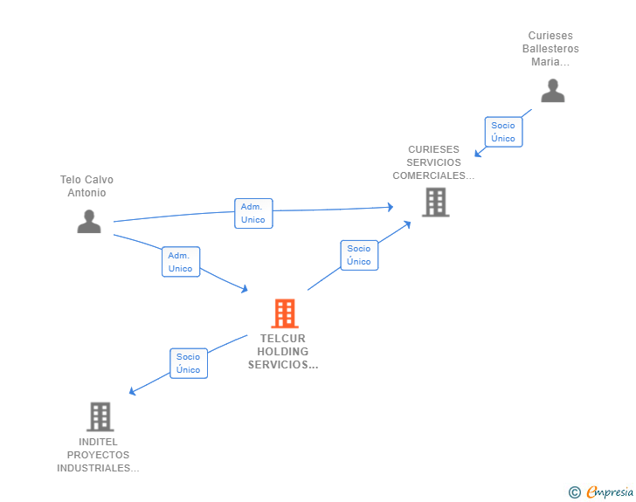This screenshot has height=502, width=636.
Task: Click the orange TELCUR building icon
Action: point(284,313)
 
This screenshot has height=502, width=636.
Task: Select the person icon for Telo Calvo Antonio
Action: point(89,222)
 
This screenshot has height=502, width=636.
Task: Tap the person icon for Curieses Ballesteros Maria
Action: point(552,91)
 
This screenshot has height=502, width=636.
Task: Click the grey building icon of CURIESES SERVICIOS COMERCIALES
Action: point(435,203)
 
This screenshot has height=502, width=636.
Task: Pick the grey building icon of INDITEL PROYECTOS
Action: point(100,416)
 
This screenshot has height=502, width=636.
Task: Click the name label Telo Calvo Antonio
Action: point(86,186)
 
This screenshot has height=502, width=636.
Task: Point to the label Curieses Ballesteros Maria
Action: point(550,49)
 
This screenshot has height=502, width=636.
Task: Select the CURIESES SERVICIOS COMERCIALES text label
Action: point(433,162)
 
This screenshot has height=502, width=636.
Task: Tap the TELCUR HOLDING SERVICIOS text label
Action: point(283,352)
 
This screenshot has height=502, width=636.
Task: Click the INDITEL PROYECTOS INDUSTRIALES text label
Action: point(98,455)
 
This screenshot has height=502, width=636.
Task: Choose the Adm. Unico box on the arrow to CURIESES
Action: point(253,213)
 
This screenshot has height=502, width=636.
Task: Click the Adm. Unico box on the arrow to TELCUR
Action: point(181,262)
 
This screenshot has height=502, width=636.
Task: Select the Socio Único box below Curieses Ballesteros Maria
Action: point(503,132)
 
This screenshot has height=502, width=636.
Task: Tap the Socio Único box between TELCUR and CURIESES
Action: point(359,255)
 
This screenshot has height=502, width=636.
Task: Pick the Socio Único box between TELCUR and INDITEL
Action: point(189,363)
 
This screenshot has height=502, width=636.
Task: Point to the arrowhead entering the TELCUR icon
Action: point(245,290)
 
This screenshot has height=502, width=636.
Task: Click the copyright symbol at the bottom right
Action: point(574,492)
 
